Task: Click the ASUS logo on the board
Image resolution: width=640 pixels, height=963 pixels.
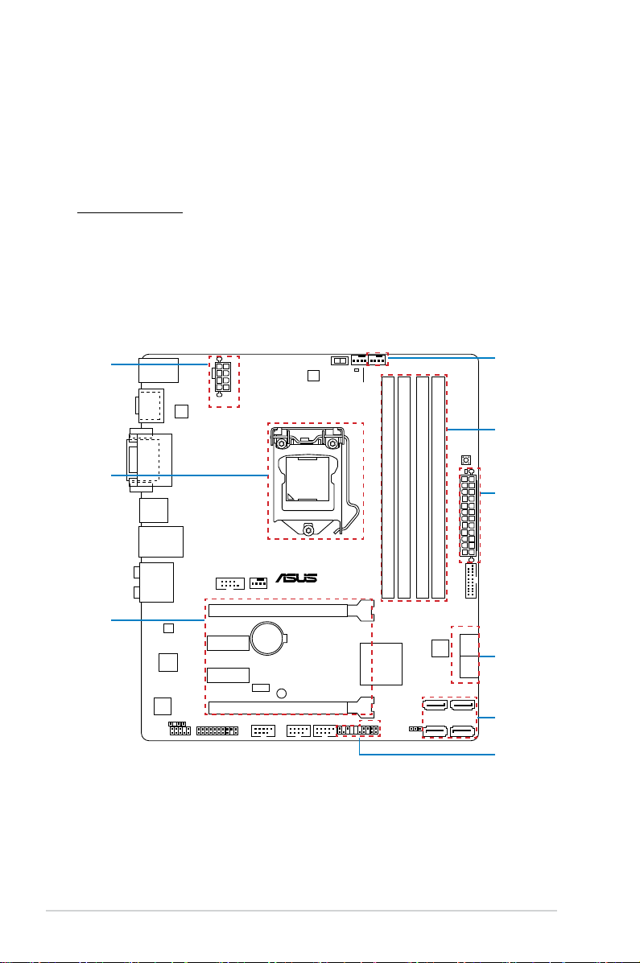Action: [x=296, y=578]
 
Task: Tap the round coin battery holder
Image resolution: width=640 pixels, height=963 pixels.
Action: [x=269, y=637]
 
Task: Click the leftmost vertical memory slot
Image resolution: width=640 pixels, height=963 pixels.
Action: [x=388, y=487]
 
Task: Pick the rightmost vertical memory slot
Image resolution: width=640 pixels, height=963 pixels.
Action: [x=439, y=487]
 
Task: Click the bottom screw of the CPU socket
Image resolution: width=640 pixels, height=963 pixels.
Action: [x=308, y=529]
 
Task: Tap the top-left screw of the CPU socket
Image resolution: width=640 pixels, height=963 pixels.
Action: [x=280, y=443]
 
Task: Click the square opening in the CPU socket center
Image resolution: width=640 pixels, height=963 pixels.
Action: [x=306, y=479]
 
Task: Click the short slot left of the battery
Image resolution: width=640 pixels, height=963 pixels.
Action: [x=228, y=643]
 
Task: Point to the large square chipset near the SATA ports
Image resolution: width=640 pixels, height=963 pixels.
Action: [x=381, y=664]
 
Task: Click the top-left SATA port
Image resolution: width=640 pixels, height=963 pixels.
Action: [x=436, y=705]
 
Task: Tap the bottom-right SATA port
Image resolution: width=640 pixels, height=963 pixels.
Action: [x=463, y=730]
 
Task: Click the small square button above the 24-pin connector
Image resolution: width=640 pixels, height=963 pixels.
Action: [x=466, y=460]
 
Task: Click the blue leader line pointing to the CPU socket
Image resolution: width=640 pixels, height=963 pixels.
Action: [x=189, y=475]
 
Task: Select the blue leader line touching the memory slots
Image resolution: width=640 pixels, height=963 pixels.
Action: [x=471, y=430]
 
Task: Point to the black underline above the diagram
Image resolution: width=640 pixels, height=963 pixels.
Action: [x=130, y=213]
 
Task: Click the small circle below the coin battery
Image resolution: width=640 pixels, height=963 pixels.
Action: [x=282, y=693]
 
